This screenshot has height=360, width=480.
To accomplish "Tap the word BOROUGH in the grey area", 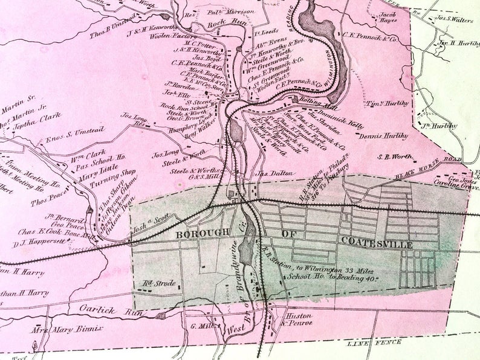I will (x=202, y=233).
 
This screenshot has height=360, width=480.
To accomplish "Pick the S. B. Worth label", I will (x=394, y=156).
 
